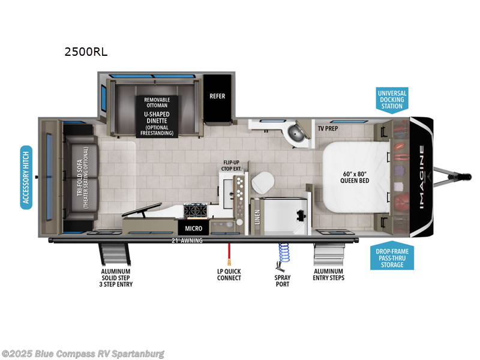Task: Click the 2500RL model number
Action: tap(86, 52)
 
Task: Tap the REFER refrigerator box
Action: tap(217, 96)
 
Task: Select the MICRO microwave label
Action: tap(193, 229)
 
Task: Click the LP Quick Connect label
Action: tap(229, 275)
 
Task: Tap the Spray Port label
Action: tap(283, 281)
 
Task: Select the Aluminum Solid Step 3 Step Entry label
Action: tap(116, 278)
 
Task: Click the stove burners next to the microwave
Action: tap(195, 211)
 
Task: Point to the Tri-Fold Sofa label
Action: tap(80, 176)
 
